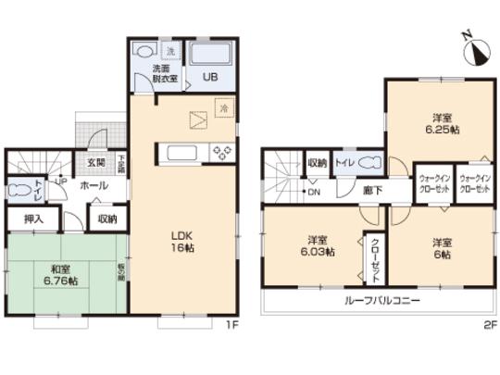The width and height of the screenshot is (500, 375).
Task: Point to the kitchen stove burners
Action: click(x=223, y=153)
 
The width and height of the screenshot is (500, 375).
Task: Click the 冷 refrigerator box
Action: click(x=223, y=109)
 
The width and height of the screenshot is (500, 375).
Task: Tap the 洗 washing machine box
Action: click(x=170, y=50)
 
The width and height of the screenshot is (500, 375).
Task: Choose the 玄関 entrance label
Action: click(x=96, y=164)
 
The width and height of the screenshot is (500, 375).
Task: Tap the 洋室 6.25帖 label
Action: click(x=443, y=122)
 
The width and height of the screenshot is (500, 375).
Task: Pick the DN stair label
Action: click(x=314, y=192)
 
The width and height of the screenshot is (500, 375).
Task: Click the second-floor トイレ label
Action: click(x=342, y=163)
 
